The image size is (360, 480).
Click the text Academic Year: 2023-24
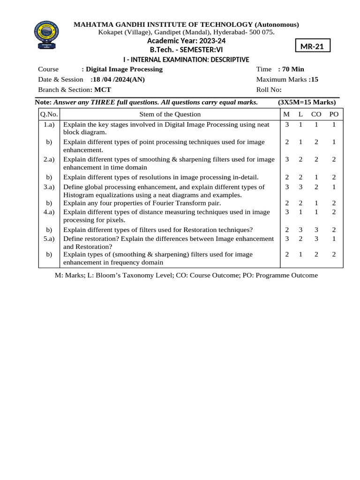(x=186, y=41)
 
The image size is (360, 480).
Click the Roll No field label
(x=269, y=90)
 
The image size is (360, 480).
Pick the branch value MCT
(x=103, y=90)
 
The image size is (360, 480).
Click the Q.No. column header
(x=48, y=114)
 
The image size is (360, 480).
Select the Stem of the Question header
(x=170, y=114)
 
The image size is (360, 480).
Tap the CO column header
(x=316, y=114)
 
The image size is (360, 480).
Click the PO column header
(x=334, y=114)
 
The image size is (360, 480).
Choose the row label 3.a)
(x=49, y=187)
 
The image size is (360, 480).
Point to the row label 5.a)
(x=49, y=239)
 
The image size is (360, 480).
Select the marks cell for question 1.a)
(x=286, y=125)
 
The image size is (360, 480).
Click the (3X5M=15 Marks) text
(x=307, y=102)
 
